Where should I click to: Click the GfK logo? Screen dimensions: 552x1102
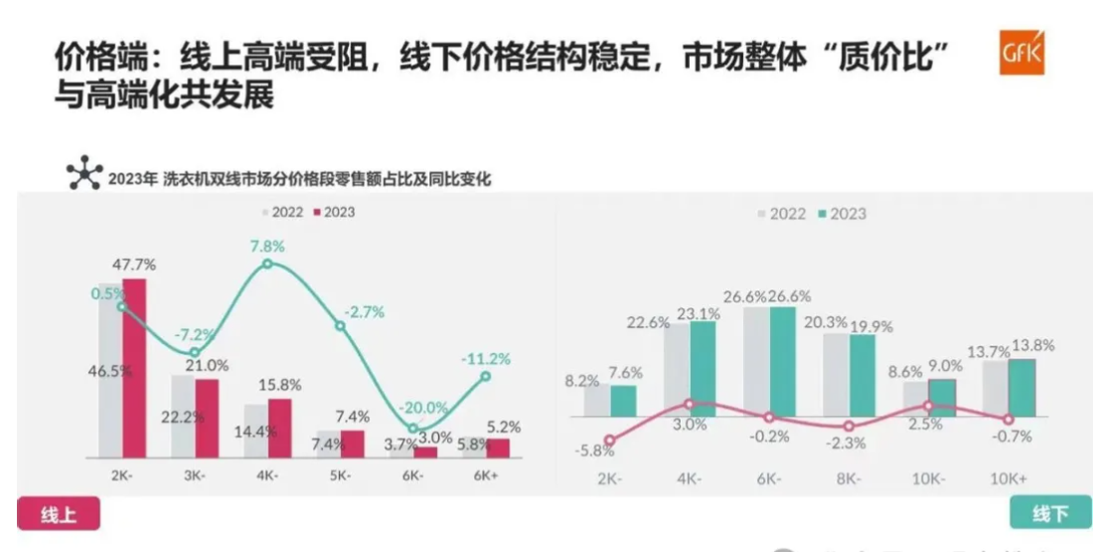pyautogui.click(x=1022, y=57)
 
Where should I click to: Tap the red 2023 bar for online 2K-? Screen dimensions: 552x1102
pyautogui.click(x=134, y=368)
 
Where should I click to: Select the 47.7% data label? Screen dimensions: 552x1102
pyautogui.click(x=135, y=265)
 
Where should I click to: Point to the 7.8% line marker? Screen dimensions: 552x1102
pyautogui.click(x=267, y=265)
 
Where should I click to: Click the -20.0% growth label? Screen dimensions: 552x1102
pyautogui.click(x=423, y=408)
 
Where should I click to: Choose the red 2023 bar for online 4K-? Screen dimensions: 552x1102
pyautogui.click(x=279, y=428)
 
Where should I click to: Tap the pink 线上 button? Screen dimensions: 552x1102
pyautogui.click(x=59, y=514)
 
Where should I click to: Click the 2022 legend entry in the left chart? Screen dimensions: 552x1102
pyautogui.click(x=283, y=212)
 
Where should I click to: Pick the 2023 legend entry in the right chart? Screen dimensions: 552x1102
pyautogui.click(x=842, y=214)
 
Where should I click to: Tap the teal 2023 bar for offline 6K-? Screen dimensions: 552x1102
pyautogui.click(x=783, y=362)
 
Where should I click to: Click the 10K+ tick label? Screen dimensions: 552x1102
pyautogui.click(x=1010, y=477)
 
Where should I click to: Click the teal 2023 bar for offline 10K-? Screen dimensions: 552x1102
pyautogui.click(x=942, y=398)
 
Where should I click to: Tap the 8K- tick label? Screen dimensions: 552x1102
pyautogui.click(x=849, y=477)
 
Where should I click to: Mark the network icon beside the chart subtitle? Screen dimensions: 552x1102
pyautogui.click(x=83, y=176)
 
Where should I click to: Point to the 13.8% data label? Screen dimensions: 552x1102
pyautogui.click(x=1033, y=346)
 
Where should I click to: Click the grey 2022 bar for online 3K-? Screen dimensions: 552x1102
pyautogui.click(x=182, y=417)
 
